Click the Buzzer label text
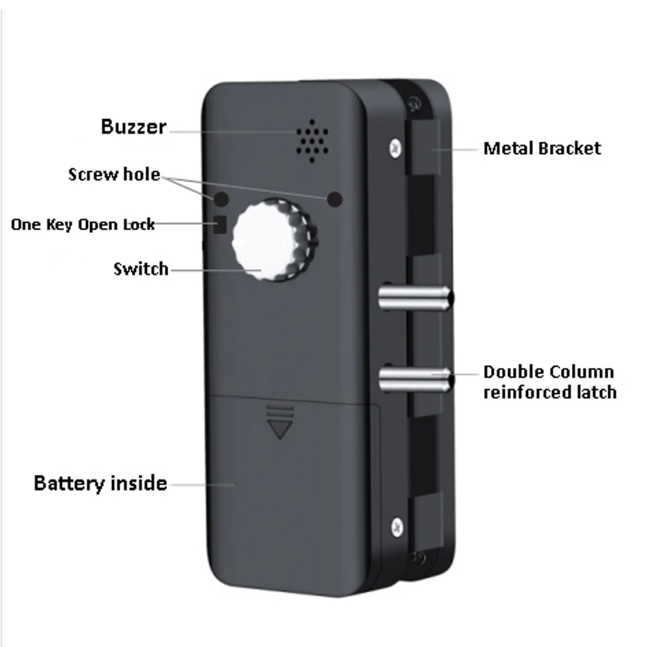pyautogui.click(x=133, y=127)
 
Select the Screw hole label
pyautogui.click(x=114, y=174)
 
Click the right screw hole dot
pyautogui.click(x=334, y=199)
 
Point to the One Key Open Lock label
pyautogui.click(x=83, y=225)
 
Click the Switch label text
pyautogui.click(x=140, y=269)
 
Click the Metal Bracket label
pyautogui.click(x=542, y=148)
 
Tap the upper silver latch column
pyautogui.click(x=414, y=298)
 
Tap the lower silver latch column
pyautogui.click(x=414, y=378)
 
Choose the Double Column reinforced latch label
pyautogui.click(x=549, y=382)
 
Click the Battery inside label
pyautogui.click(x=100, y=483)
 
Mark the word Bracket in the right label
pyautogui.click(x=571, y=148)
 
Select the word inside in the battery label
pyautogui.click(x=138, y=483)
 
